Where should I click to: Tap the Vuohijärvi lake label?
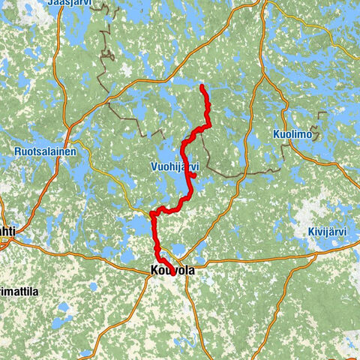tap(173, 166)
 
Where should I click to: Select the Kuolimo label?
tap(292, 135)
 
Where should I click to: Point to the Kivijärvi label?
tap(328, 232)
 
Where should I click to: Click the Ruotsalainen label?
tap(45, 151)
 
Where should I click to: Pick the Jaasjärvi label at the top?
tap(74, 4)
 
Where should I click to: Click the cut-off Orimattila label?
tap(19, 290)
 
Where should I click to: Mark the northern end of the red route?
tap(202, 88)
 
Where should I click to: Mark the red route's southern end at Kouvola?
tap(174, 274)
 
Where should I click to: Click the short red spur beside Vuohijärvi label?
tap(193, 175)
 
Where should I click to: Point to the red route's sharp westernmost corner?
tap(152, 214)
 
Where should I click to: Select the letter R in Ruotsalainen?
tap(16, 151)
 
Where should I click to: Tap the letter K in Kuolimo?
tap(276, 135)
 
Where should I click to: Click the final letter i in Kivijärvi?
tap(345, 232)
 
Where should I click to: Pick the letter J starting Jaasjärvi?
tap(50, 4)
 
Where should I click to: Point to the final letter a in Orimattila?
tap(35, 290)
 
